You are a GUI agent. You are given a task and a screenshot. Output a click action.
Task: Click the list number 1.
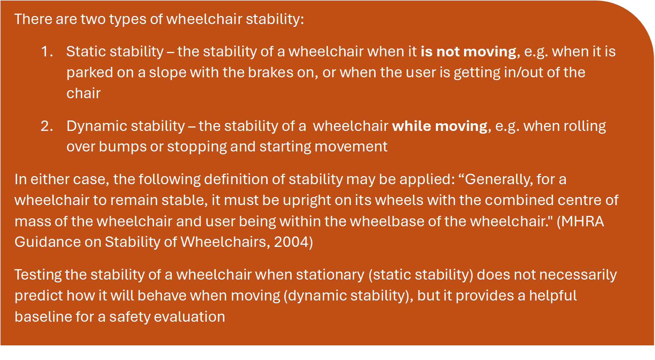pos(47,52)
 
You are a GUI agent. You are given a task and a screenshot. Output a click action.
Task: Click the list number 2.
pos(47,126)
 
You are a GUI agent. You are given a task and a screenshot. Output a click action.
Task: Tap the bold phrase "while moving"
pos(440,126)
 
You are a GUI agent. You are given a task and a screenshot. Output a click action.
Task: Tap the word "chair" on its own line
pos(83,93)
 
